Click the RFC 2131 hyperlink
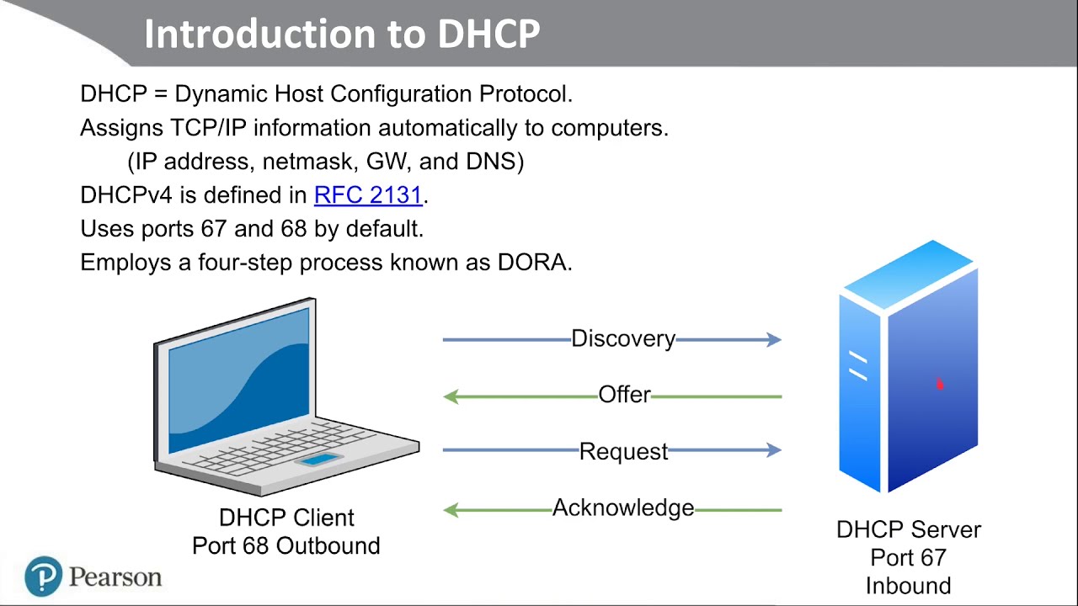coord(367,195)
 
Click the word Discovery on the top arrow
coord(623,338)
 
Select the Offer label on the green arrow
coord(624,395)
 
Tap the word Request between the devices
coord(623,451)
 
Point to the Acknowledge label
coord(623,508)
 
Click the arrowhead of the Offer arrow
coord(451,396)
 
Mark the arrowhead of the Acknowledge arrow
coord(451,510)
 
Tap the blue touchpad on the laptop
coord(318,460)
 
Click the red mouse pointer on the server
coord(939,385)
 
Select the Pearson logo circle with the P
coord(43,577)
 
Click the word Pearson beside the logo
coord(115,577)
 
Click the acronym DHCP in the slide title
coord(489,34)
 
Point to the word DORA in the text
coord(532,262)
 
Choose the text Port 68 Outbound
coord(286,545)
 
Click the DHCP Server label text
coord(908,529)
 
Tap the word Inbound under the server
coord(908,586)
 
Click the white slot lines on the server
coord(858,367)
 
